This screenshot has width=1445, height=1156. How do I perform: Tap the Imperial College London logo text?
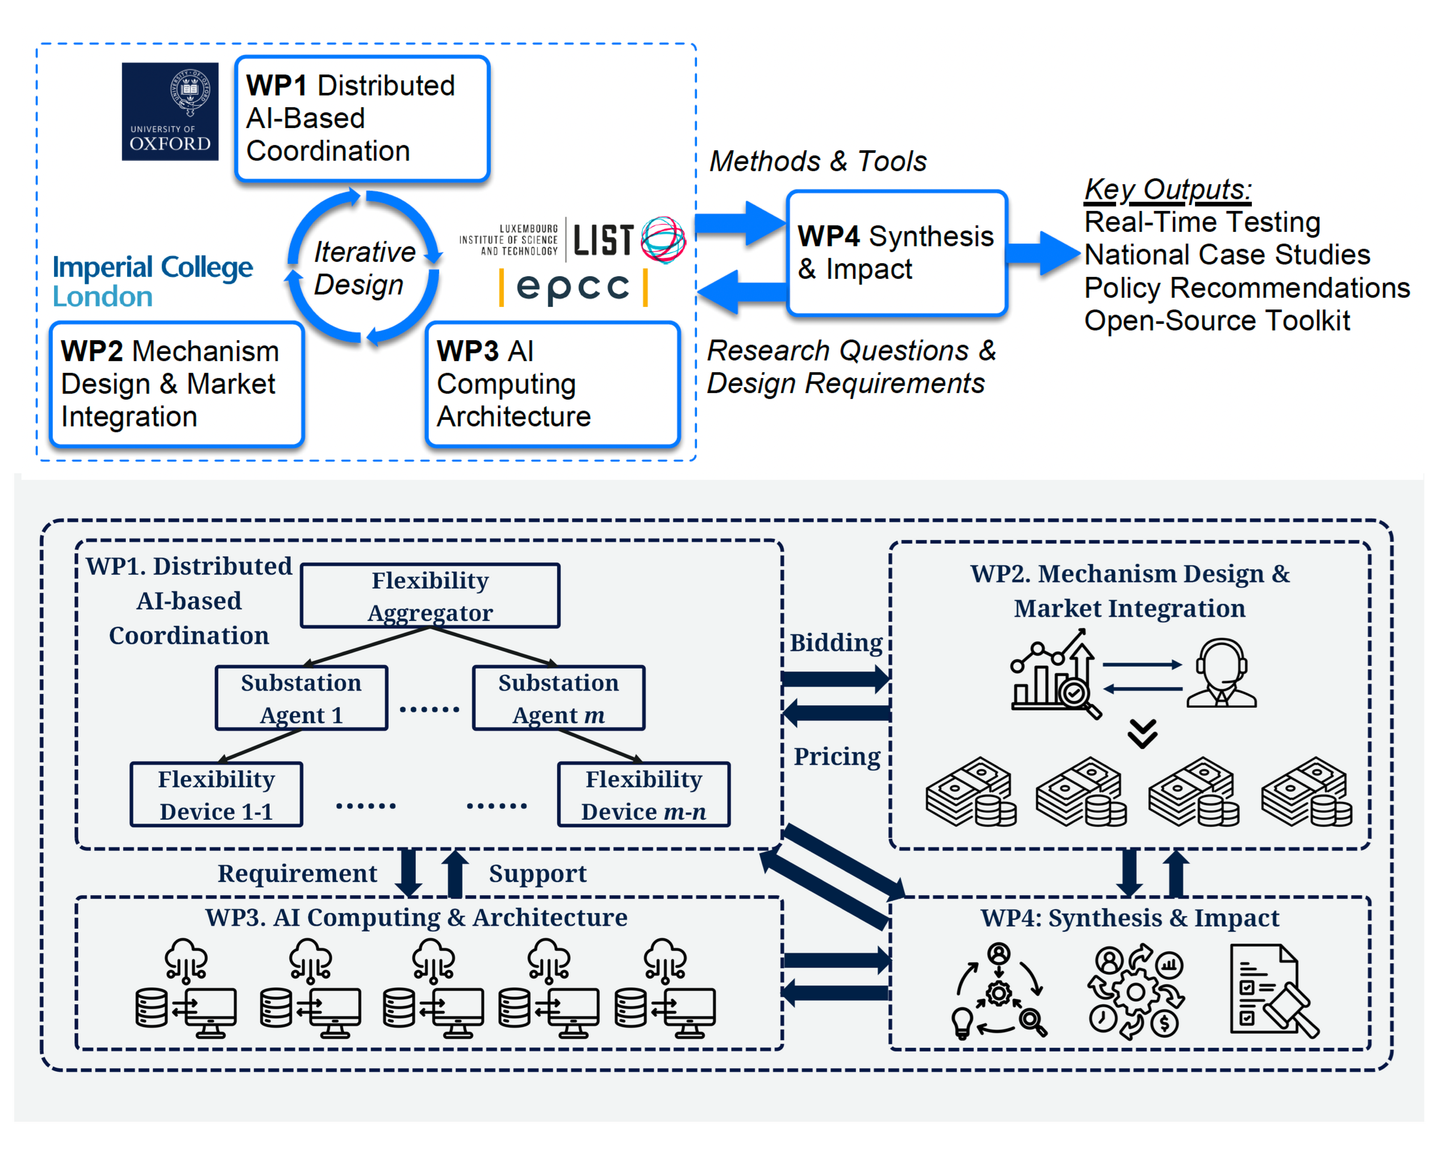pyautogui.click(x=153, y=281)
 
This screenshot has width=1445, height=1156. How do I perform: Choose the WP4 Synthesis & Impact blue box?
pyautogui.click(x=897, y=253)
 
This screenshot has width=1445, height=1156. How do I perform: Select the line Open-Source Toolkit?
pyautogui.click(x=1217, y=320)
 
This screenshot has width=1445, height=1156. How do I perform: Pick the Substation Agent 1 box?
pyautogui.click(x=302, y=698)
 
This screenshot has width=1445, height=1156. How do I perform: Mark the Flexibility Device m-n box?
pyautogui.click(x=643, y=794)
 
